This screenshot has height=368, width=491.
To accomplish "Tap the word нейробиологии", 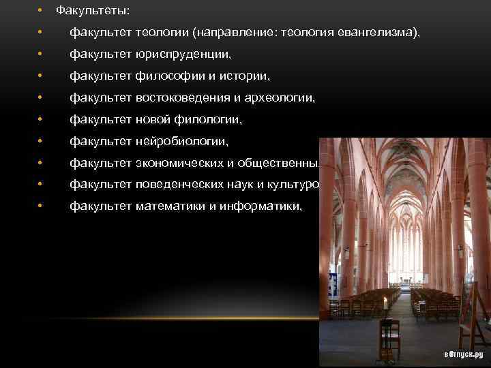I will point(179,141).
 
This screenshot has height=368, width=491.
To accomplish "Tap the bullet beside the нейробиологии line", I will point(41,141).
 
